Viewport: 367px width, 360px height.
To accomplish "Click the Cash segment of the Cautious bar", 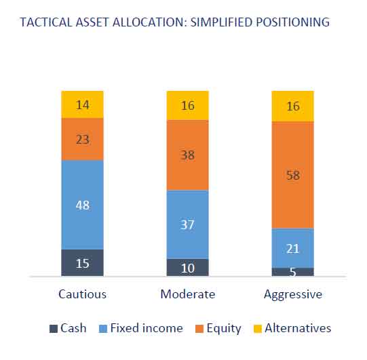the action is click(82, 262).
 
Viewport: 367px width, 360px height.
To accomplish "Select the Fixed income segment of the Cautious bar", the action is click(82, 205).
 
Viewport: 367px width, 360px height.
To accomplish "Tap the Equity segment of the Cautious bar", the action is click(82, 139).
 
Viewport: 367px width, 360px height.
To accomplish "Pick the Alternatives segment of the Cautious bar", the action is click(82, 104).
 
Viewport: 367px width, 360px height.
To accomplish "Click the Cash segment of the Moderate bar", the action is click(187, 267).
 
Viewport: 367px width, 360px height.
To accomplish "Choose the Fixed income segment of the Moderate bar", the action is click(187, 224).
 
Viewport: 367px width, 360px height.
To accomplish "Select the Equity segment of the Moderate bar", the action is click(187, 155).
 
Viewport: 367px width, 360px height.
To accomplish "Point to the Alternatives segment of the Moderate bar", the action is click(187, 106).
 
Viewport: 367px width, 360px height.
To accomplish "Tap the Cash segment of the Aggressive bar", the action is click(293, 272).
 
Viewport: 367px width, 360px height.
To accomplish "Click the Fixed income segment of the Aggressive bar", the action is click(293, 248).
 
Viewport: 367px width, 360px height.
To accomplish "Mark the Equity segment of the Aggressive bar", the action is click(293, 175).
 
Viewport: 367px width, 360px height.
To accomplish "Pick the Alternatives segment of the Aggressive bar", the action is click(293, 106).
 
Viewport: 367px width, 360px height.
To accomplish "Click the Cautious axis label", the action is click(82, 294).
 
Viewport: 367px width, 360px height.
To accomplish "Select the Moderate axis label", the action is click(188, 294).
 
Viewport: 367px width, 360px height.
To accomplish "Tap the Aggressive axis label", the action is click(293, 295).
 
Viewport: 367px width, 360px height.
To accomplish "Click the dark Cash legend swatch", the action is click(54, 328).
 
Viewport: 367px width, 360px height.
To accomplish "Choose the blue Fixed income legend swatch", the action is click(103, 328).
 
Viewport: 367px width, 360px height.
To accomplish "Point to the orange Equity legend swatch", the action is click(199, 328).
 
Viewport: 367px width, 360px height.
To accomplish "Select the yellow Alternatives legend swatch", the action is click(258, 328).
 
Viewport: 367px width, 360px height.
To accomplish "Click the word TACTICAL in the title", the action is click(46, 22).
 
